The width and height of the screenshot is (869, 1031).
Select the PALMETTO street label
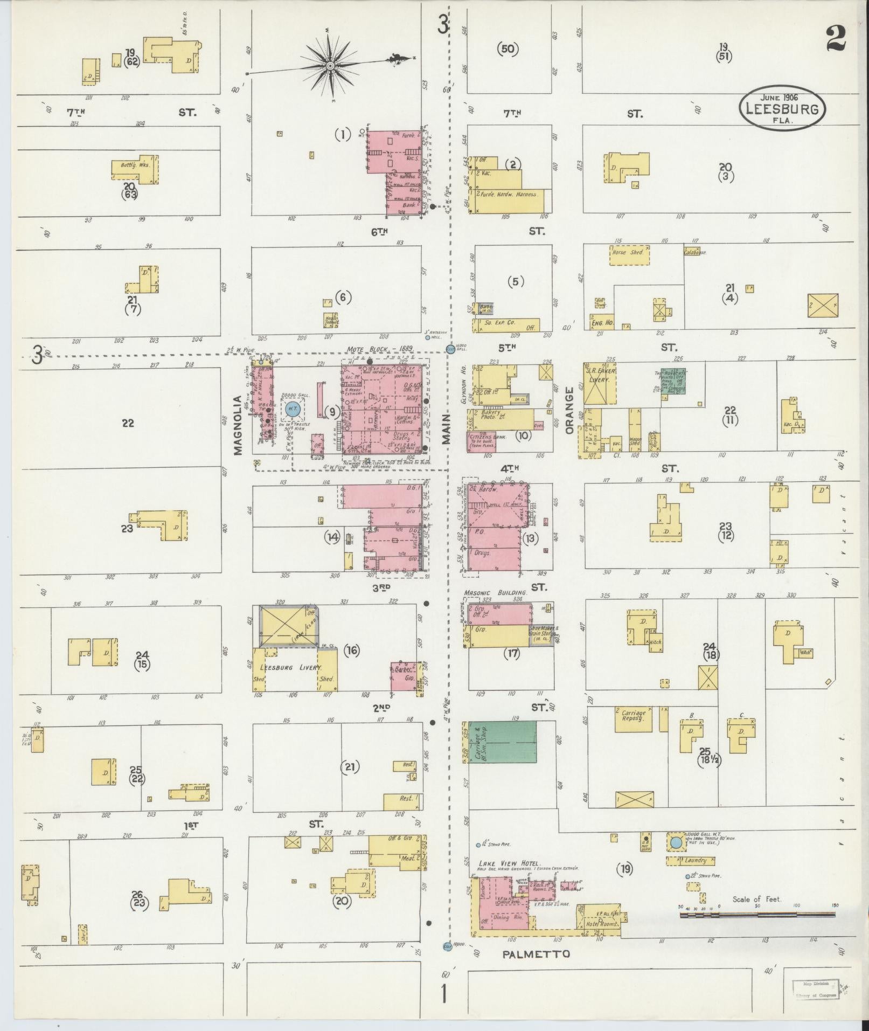536,954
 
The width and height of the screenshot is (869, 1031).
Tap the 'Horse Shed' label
628,252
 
